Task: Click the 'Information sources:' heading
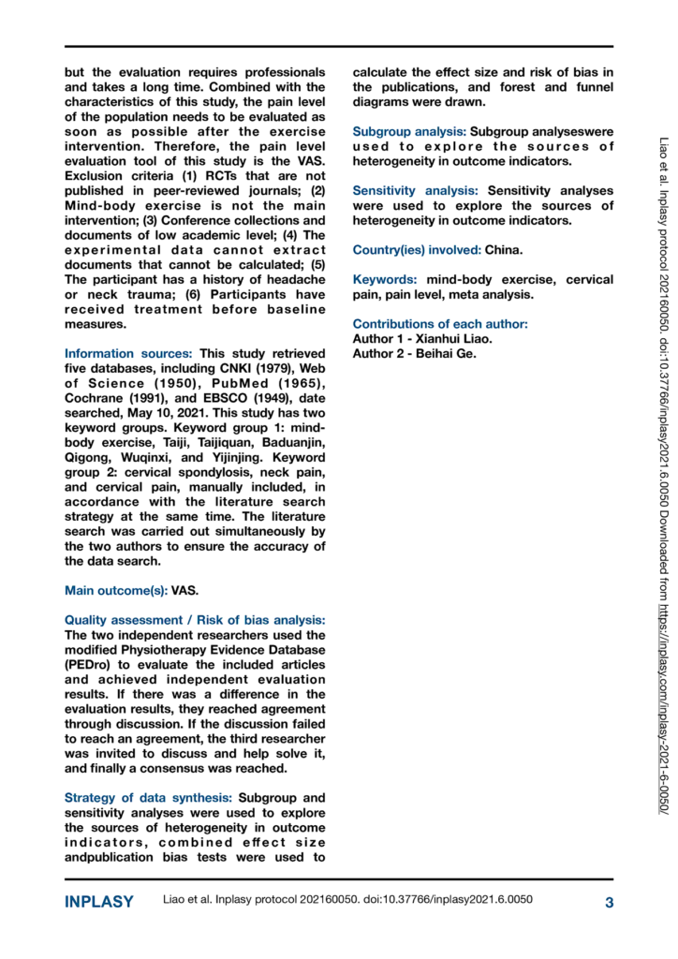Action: click(128, 354)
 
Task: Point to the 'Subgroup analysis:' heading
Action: click(408, 131)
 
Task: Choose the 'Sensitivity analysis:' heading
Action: click(415, 191)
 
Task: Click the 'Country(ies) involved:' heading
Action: click(416, 250)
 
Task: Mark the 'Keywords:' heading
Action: click(384, 280)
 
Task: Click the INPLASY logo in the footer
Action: click(99, 903)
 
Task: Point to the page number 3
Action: click(609, 903)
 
